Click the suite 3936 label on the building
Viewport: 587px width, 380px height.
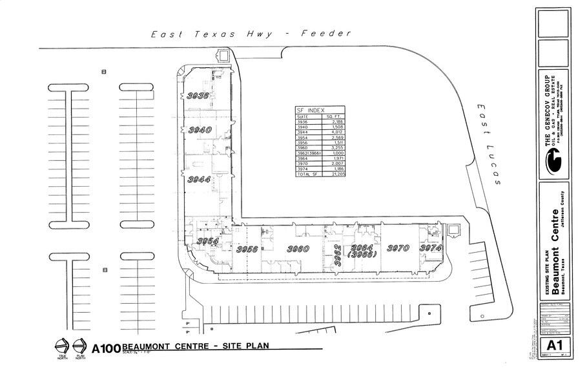(x=198, y=96)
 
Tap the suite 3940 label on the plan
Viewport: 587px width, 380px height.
(x=200, y=130)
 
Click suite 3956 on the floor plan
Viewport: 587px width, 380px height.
(x=247, y=249)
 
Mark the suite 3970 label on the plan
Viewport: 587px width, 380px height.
(x=398, y=248)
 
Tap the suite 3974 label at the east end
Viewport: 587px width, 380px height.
(x=431, y=248)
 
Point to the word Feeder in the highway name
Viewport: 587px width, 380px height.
(x=326, y=34)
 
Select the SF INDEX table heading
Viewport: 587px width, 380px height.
(x=311, y=110)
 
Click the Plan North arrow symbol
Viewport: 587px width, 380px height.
(x=80, y=346)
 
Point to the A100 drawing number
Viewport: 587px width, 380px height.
(x=106, y=348)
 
